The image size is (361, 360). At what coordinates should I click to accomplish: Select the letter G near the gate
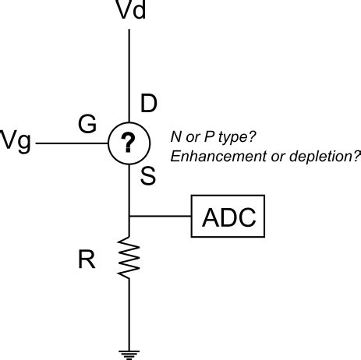tap(87, 123)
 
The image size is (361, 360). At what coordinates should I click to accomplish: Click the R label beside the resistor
tap(87, 260)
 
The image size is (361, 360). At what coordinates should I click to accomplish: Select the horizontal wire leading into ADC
tap(161, 216)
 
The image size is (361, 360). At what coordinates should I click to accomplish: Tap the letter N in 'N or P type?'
tap(175, 136)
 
